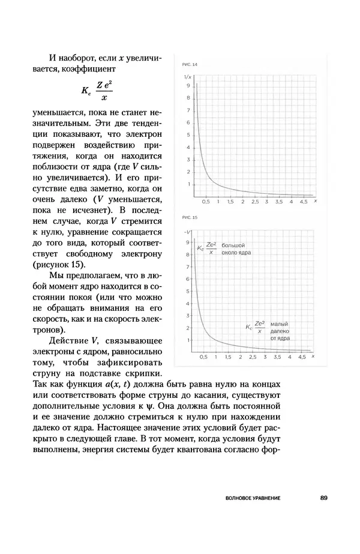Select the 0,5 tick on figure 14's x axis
pyautogui.click(x=205, y=202)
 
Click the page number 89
pyautogui.click(x=324, y=498)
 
